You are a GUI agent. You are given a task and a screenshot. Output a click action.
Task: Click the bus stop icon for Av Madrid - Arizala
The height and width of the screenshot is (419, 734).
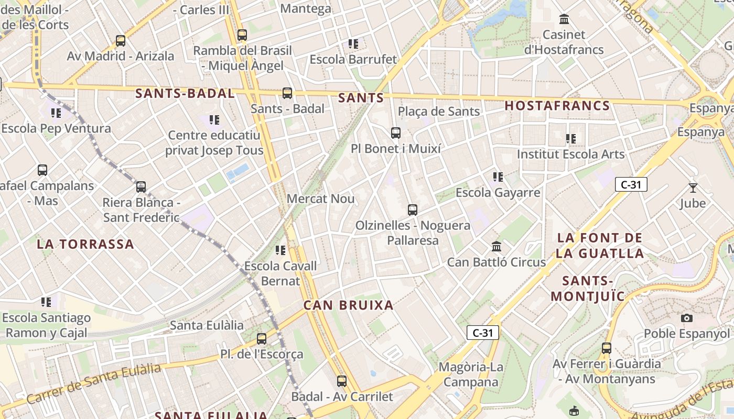121,41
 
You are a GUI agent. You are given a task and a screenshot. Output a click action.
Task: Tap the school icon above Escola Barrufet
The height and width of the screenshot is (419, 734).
353,44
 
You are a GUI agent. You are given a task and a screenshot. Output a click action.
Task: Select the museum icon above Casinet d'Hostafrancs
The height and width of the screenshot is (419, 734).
564,20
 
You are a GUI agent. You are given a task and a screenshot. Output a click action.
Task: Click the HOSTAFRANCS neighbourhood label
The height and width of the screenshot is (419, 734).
557,106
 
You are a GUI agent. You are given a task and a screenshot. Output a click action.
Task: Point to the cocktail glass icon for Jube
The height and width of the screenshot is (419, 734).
693,188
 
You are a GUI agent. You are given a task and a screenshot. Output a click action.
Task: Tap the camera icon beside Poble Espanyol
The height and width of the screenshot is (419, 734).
686,318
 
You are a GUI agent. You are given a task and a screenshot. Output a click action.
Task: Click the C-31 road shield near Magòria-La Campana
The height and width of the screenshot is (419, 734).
482,333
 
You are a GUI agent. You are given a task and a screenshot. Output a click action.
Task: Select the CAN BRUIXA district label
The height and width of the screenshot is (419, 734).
348,305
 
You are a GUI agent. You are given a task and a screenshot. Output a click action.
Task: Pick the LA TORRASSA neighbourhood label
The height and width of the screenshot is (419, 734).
85,244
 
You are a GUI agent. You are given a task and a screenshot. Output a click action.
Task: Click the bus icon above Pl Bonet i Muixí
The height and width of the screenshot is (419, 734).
396,133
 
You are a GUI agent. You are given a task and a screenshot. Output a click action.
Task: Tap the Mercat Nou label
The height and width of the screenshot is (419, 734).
321,199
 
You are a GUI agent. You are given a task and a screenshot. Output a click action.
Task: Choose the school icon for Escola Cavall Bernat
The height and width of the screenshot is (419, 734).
280,250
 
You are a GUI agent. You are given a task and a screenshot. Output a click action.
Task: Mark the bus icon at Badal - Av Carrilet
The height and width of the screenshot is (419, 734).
342,381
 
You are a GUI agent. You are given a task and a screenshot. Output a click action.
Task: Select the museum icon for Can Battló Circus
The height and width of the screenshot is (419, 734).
496,246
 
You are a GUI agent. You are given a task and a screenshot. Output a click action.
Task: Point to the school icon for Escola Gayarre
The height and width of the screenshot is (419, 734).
498,177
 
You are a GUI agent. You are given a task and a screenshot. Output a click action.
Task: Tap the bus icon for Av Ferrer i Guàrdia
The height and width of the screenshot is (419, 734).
607,348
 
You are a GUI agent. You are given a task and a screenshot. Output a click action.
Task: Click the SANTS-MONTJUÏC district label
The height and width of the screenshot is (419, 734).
588,289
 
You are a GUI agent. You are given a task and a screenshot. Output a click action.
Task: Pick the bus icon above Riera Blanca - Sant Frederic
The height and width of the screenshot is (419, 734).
141,187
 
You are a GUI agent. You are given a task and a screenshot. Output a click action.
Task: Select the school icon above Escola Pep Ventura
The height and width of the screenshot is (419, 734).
56,113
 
